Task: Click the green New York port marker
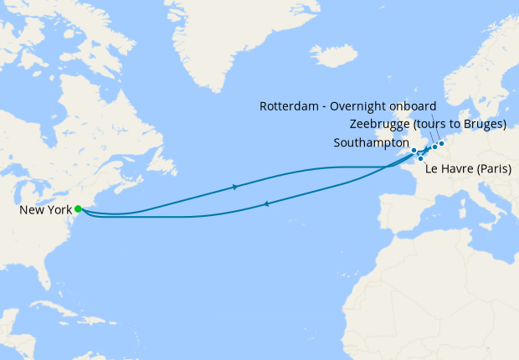point(78,208)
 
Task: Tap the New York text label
point(45,209)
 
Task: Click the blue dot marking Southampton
point(414,151)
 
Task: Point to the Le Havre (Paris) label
point(468,169)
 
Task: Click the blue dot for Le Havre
point(420,158)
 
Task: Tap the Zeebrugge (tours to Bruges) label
point(428,124)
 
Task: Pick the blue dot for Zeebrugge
point(434,147)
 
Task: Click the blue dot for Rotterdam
point(441,143)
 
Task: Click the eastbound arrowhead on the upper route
point(235,187)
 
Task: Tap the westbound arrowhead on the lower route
point(265,203)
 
